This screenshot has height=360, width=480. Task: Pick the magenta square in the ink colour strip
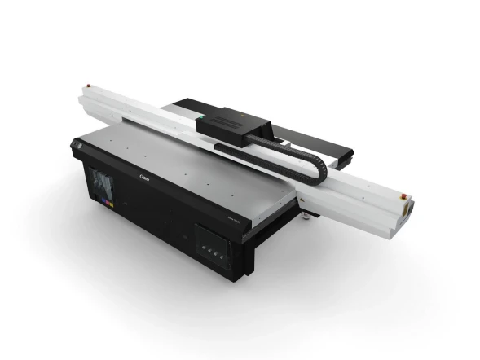[x=99, y=199]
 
